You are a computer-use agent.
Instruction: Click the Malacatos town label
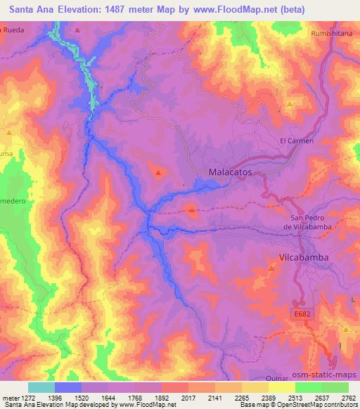231,172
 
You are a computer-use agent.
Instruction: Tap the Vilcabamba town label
304,258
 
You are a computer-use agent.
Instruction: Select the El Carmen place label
296,141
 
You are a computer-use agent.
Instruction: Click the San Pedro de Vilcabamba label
310,221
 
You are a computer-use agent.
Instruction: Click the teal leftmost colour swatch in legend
41,387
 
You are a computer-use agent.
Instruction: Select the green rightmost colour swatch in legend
335,387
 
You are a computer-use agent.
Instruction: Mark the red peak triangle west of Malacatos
159,172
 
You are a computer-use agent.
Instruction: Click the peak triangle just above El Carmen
289,107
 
